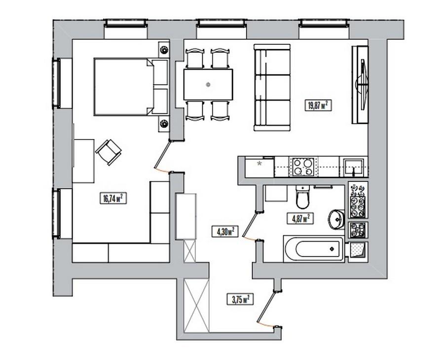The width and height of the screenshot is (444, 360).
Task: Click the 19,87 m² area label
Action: click(318, 106)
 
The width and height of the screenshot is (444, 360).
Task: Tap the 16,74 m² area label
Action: click(113, 198)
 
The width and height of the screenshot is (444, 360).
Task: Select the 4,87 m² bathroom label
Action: click(300, 218)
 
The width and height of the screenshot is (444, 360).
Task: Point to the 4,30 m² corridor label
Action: click(225, 232)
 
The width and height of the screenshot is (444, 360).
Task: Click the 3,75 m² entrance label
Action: click(240, 299)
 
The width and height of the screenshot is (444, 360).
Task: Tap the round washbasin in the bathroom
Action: click(336, 219)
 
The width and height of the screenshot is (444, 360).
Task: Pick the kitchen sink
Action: click(354, 167)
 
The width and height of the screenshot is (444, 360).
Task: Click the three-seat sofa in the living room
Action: click(272, 87)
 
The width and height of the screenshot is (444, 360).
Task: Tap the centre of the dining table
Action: click(208, 84)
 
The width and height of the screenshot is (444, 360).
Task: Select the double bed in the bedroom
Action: click(131, 87)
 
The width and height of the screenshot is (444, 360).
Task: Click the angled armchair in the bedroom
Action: click(109, 152)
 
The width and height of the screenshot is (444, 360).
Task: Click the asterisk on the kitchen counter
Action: click(259, 163)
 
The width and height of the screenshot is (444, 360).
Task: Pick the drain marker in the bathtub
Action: click(332, 249)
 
